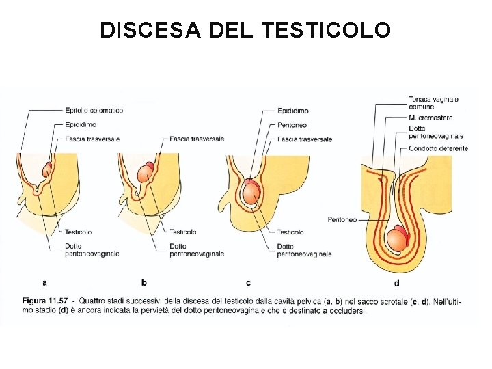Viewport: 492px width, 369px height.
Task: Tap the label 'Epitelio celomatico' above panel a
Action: coord(94,110)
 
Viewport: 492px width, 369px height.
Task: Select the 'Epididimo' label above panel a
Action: coord(81,124)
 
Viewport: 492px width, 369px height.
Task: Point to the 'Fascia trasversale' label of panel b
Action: coord(196,139)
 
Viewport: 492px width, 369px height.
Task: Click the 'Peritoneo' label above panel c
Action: coord(292,125)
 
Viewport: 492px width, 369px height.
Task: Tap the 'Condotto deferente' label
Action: coord(438,148)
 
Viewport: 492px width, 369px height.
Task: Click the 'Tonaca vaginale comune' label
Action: coord(433,102)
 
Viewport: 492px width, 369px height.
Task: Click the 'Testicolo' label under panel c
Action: coord(290,232)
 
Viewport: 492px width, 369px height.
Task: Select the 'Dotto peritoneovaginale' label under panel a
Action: coord(92,249)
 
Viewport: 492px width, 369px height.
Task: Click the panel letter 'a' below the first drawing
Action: coord(45,282)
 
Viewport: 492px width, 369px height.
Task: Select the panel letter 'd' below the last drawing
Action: coord(397,282)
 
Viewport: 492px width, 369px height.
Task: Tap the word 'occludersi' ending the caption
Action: coord(350,310)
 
